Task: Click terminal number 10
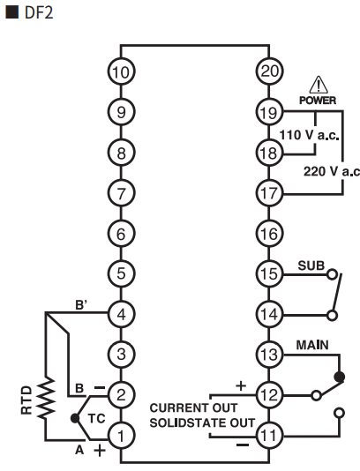[121, 71]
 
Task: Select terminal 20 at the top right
[269, 71]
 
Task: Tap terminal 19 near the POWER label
[269, 112]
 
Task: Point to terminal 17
[269, 193]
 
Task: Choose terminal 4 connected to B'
[121, 314]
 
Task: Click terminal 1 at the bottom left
[121, 436]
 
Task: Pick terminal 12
[269, 395]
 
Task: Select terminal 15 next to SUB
[269, 273]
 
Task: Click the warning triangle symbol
[319, 85]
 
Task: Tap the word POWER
[318, 101]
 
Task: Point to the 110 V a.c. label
[309, 135]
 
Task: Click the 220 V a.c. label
[332, 171]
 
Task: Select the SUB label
[311, 265]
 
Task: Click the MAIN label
[312, 345]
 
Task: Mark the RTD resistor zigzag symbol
[46, 398]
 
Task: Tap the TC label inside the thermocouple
[97, 418]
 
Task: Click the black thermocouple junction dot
[74, 418]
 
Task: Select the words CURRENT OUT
[193, 407]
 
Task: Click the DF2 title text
[39, 13]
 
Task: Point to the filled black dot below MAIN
[340, 377]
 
